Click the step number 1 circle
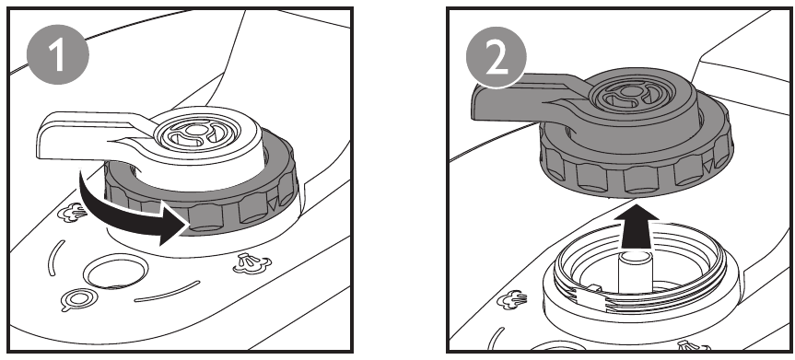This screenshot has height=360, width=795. click(x=57, y=53)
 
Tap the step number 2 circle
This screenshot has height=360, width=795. click(x=497, y=58)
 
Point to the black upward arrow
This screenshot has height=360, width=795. click(x=637, y=226)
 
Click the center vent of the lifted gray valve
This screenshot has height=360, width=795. click(x=632, y=94)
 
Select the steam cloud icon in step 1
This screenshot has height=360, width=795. click(x=73, y=214)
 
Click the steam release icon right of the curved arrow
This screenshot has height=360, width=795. click(x=252, y=263)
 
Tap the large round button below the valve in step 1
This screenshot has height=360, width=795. click(x=115, y=272)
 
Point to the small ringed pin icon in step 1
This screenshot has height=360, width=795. click(x=77, y=299)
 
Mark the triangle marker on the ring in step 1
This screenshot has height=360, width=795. click(x=274, y=203)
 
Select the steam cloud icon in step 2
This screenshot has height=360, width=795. click(x=511, y=300)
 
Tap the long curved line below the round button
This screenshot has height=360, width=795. click(x=168, y=293)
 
